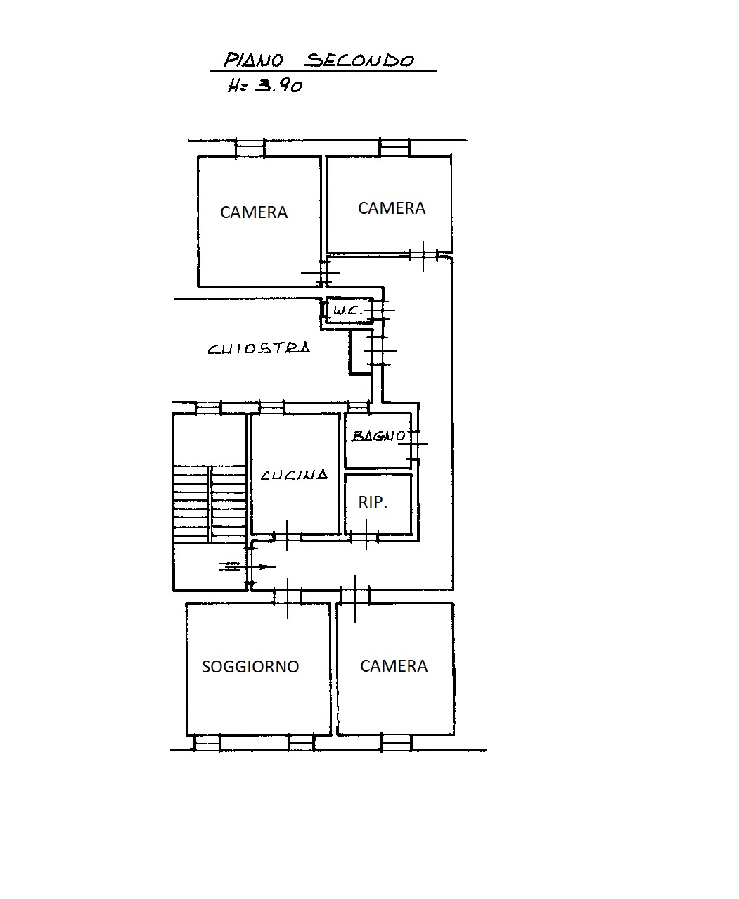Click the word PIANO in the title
pos(253,60)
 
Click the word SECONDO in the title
pos(359,60)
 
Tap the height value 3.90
pos(279,86)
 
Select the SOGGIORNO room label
pos(250,667)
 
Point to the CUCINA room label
pos(294,474)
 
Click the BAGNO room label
pos(379,435)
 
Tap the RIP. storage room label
pos(373,502)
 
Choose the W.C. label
pos(348,311)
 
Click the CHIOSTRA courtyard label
pos(259,348)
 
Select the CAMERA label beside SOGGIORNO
pos(394,666)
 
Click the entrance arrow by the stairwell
pos(247,567)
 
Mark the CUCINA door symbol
pos(288,536)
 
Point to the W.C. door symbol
pos(381,310)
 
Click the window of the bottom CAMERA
pos(397,743)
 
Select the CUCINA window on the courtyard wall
pos(271,408)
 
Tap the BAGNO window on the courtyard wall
pos(358,408)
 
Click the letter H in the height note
pos(233,87)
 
